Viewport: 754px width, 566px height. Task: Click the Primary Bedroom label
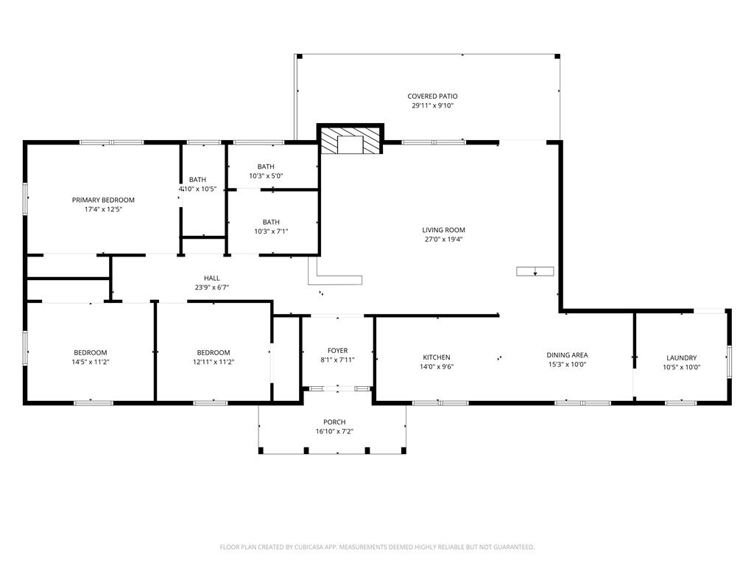pyautogui.click(x=103, y=200)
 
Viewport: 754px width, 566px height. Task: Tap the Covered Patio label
pyautogui.click(x=432, y=97)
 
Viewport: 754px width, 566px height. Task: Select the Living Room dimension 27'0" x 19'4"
pyautogui.click(x=443, y=240)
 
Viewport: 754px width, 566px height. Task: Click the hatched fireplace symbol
pyautogui.click(x=350, y=139)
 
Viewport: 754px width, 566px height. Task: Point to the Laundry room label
pyautogui.click(x=681, y=357)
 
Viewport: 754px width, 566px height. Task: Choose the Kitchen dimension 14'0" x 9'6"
pyautogui.click(x=437, y=367)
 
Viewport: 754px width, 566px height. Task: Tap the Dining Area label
pyautogui.click(x=567, y=355)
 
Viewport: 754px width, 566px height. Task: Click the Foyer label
pyautogui.click(x=337, y=350)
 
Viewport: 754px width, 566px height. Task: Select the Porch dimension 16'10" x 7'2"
pyautogui.click(x=334, y=431)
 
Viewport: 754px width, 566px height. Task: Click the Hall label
pyautogui.click(x=211, y=278)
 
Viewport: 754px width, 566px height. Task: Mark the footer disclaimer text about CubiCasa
pyautogui.click(x=377, y=547)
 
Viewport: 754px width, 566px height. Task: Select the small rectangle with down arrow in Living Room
pyautogui.click(x=535, y=271)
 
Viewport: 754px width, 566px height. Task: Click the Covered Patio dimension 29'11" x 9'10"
pyautogui.click(x=433, y=106)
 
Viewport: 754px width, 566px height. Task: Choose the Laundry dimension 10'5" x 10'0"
pyautogui.click(x=681, y=367)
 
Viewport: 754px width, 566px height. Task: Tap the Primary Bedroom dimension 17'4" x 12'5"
pyautogui.click(x=103, y=209)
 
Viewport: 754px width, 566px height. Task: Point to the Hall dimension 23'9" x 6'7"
pyautogui.click(x=211, y=288)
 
